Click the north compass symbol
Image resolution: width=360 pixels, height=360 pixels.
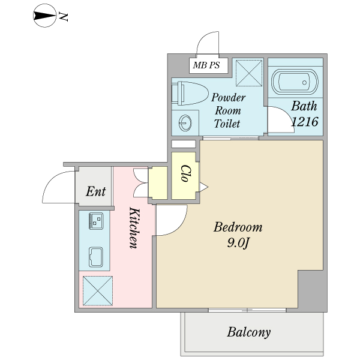44,16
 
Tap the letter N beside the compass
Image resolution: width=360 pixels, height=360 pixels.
64,17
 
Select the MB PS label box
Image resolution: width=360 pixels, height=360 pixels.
208,65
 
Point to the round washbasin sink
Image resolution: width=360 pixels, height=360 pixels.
185,123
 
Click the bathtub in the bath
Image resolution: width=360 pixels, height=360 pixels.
295,82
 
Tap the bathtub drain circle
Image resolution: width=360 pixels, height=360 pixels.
304,82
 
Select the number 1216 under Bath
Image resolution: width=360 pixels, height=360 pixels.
305,121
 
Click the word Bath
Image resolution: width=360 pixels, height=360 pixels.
304,106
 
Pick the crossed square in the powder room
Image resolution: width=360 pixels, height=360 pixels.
249,73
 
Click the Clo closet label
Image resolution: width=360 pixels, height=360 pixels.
185,173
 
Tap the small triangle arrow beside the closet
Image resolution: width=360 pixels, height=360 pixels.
203,187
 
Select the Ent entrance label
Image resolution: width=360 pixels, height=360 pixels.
96,191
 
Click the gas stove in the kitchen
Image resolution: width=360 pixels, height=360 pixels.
96,221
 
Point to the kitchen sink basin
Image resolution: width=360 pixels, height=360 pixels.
96,257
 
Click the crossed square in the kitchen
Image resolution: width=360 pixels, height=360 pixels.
98,291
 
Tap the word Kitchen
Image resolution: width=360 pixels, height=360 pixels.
134,228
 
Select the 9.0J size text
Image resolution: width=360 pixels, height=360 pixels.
238,243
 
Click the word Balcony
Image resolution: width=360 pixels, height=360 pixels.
249,332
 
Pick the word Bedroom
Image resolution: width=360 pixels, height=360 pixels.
238,227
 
